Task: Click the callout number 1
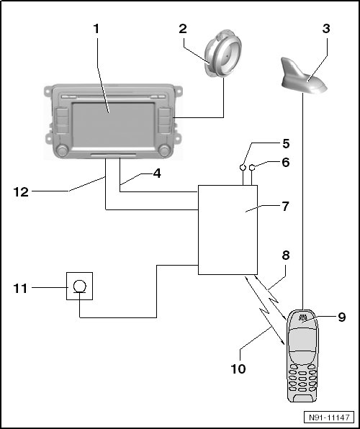(x=96, y=29)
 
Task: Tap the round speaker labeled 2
(x=223, y=54)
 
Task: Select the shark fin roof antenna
(x=304, y=76)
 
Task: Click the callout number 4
(x=157, y=173)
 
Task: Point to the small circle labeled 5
(x=243, y=167)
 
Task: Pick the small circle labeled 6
(x=252, y=167)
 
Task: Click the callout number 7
(x=285, y=207)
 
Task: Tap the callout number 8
(x=286, y=256)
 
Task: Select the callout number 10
(x=238, y=369)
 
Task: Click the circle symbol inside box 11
(x=80, y=286)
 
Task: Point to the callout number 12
(x=21, y=192)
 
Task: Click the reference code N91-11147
(x=329, y=417)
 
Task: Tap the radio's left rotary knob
(x=62, y=150)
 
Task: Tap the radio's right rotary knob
(x=165, y=150)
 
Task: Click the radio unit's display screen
(x=113, y=125)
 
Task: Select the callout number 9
(x=342, y=317)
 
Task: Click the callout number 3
(x=325, y=29)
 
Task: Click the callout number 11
(x=21, y=289)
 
